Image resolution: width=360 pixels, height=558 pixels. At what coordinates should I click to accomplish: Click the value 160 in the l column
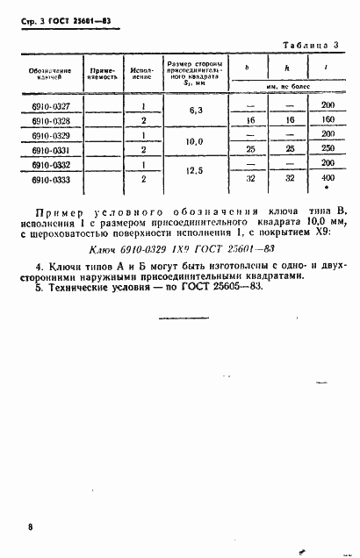coord(327,119)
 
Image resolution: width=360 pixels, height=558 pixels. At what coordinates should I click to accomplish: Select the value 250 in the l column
coord(327,149)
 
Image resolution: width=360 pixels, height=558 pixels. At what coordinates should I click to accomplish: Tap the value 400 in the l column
coord(327,178)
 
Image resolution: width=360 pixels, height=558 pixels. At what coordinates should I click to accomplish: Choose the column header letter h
coord(288,68)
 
